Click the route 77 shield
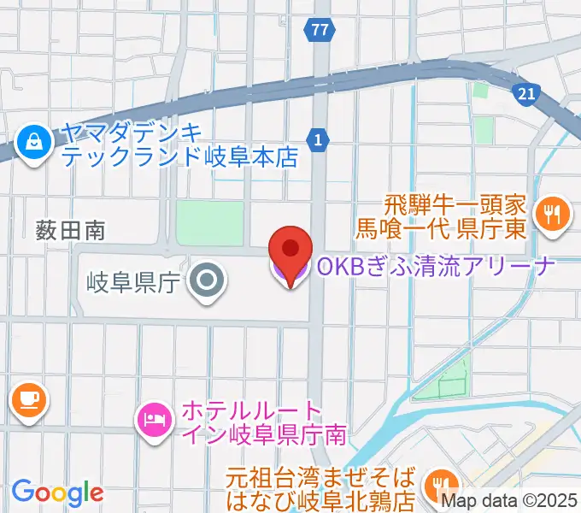(319, 30)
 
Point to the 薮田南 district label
(70, 229)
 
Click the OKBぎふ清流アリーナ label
(436, 267)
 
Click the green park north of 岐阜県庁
(209, 223)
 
